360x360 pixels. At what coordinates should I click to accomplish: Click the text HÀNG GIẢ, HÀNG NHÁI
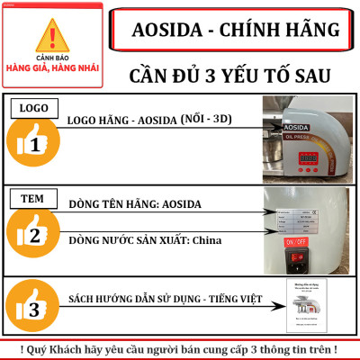[x=55, y=68]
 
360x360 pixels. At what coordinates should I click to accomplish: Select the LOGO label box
[x=34, y=108]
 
